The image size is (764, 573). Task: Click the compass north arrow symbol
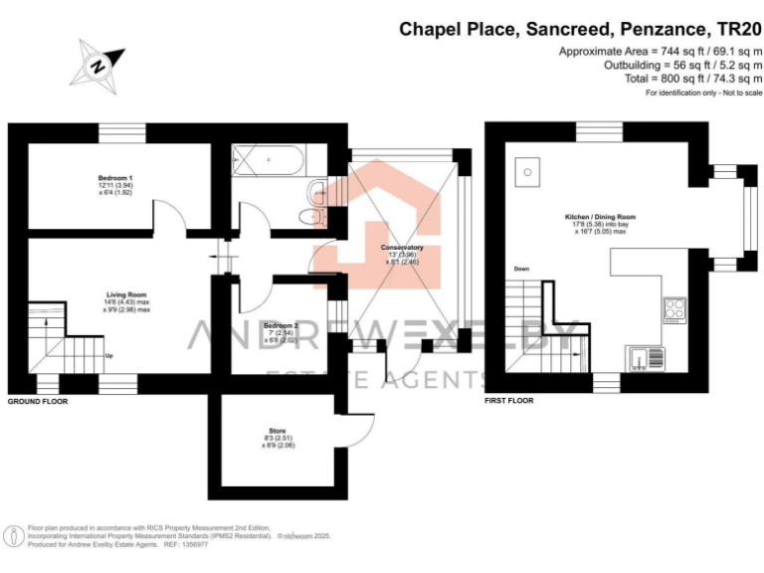(x=97, y=65)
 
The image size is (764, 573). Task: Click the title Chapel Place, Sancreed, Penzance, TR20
(x=581, y=29)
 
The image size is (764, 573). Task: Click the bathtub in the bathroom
(x=270, y=161)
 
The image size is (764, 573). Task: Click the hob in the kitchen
(x=673, y=309)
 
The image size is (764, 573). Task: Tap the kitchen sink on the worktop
(x=638, y=356)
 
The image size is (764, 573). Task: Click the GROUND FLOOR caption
(x=38, y=401)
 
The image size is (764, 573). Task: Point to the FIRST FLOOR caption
(x=509, y=401)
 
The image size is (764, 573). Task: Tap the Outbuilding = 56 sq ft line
(x=683, y=64)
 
